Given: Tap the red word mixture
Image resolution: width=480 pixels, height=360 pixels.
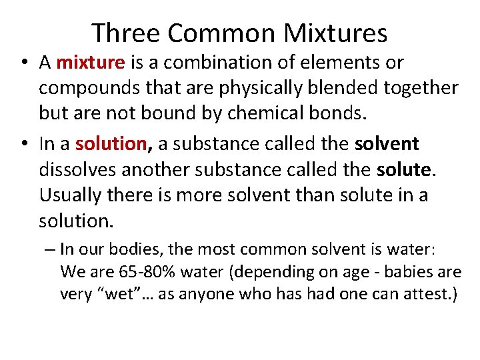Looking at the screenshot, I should coord(91,63).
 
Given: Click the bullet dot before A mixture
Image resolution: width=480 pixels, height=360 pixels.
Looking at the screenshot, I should coord(23,63).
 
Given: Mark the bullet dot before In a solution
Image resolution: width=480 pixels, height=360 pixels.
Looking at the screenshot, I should coord(23,144).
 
